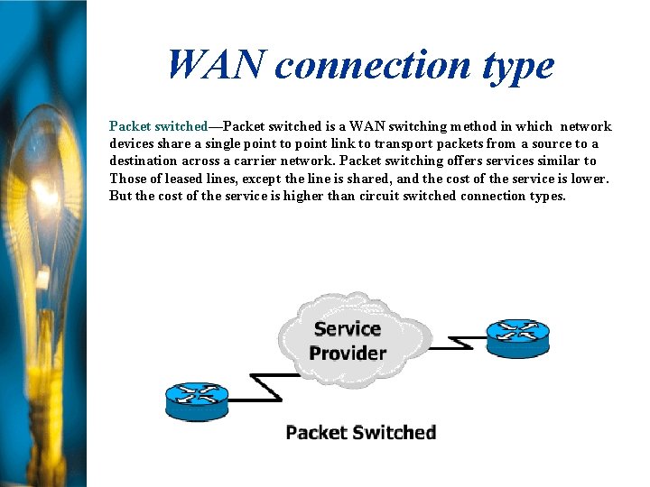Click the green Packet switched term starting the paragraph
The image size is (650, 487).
[x=158, y=127]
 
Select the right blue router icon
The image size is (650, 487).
[x=517, y=337]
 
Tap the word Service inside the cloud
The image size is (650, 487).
[x=348, y=329]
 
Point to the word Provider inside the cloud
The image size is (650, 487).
[x=348, y=353]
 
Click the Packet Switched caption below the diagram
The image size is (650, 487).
[x=360, y=433]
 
